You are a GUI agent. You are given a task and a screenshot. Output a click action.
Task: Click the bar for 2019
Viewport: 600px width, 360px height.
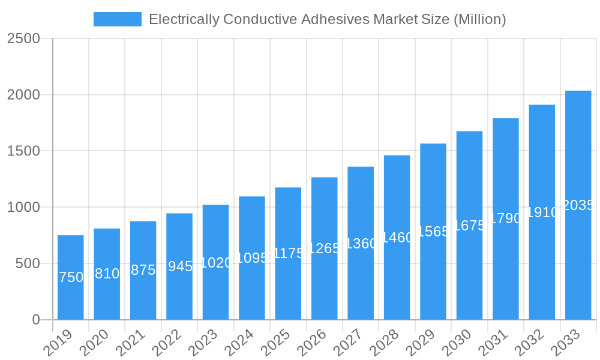pos(71,277)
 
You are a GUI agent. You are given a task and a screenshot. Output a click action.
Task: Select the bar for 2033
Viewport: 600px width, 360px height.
pos(578,205)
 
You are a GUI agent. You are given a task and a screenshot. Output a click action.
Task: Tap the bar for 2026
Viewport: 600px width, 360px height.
pos(325,248)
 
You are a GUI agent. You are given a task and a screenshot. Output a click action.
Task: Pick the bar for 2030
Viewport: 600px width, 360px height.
pos(469,225)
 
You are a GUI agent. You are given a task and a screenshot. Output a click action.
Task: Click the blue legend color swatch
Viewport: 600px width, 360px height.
pos(118,19)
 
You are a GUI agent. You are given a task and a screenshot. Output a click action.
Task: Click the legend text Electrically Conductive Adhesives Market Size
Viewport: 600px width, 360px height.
pos(327,19)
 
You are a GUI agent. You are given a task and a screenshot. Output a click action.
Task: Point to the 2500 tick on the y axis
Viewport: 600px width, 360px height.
pos(23,38)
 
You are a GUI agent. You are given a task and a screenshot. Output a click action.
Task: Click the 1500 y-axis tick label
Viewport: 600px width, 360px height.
pos(23,151)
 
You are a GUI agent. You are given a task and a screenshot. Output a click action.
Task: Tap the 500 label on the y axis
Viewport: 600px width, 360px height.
pos(28,263)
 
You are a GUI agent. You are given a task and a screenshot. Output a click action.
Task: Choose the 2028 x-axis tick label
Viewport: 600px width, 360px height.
pos(386,343)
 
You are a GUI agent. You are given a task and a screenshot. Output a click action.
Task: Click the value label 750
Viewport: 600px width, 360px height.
pos(71,277)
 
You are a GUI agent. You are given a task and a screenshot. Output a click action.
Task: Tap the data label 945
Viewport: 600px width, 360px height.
pos(180,266)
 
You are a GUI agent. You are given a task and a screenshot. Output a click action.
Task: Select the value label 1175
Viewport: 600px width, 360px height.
pos(289,253)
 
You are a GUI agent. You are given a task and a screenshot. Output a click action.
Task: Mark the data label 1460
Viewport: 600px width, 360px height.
pos(397,238)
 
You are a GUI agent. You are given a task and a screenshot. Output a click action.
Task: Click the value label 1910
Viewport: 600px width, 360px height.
pos(542,212)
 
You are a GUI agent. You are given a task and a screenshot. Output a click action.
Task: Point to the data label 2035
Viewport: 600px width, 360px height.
pos(578,205)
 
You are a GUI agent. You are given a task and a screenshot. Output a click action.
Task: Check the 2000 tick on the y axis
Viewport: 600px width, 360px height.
pos(23,95)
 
